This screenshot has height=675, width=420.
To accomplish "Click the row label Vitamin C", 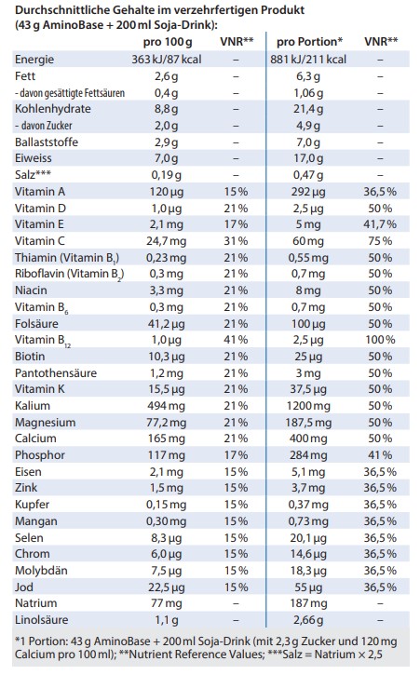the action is [x=40, y=240].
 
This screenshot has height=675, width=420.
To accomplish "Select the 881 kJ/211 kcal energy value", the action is [x=308, y=60].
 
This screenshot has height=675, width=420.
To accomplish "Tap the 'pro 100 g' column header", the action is [x=168, y=42].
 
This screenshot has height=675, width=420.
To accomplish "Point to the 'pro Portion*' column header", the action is [x=309, y=42].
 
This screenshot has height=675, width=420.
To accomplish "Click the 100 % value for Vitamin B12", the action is [x=380, y=340].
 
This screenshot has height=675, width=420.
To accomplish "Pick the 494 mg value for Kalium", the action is [x=167, y=406].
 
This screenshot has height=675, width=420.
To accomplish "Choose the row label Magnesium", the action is [x=46, y=423].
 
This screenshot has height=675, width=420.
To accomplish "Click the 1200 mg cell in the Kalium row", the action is [x=308, y=406].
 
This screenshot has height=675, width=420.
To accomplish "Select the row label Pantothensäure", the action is [x=56, y=372].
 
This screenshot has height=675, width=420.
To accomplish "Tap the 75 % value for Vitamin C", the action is [x=380, y=240].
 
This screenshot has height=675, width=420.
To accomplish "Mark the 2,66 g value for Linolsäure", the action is [x=308, y=620].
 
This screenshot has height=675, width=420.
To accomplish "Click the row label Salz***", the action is [x=33, y=174].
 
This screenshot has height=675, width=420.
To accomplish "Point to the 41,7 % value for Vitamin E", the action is [x=380, y=224].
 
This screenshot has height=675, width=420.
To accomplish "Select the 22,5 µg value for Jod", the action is [x=167, y=587].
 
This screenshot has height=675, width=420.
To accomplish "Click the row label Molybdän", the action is [x=41, y=571].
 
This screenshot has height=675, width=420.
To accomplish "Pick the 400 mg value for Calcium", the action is [x=308, y=439].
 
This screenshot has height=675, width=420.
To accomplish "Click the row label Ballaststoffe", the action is [x=47, y=142].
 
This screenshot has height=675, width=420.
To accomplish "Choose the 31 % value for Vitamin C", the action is [x=236, y=240].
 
